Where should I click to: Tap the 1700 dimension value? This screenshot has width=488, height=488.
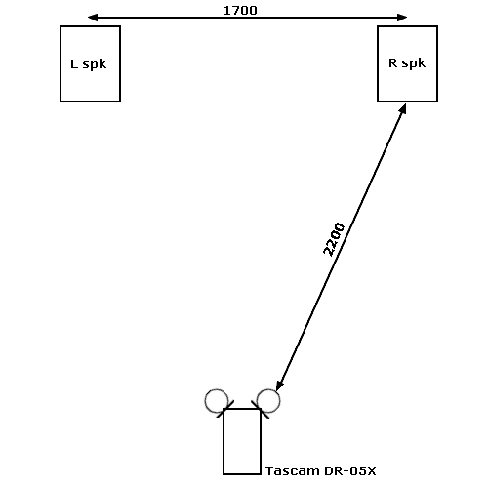(240, 11)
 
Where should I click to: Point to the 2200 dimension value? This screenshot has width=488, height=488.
(334, 239)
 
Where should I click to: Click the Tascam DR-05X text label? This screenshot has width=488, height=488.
(321, 470)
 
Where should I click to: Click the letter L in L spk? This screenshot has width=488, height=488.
(74, 63)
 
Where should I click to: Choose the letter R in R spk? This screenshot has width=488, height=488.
(392, 62)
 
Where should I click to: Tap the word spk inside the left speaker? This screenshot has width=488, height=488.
(95, 64)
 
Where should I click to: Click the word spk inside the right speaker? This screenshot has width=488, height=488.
(414, 63)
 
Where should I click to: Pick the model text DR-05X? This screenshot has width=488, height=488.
(350, 470)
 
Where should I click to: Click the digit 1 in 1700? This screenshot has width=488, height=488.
(227, 11)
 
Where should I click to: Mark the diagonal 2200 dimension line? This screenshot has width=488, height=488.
(341, 247)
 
